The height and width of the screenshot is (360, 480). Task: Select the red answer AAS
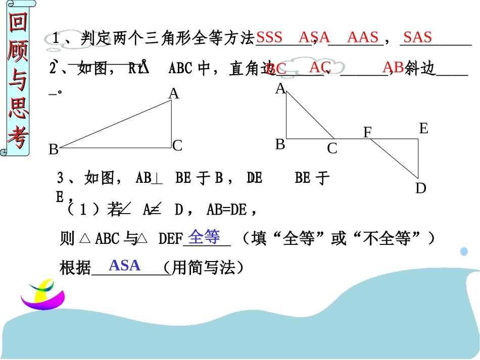click(x=363, y=37)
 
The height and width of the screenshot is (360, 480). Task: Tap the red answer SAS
click(x=417, y=37)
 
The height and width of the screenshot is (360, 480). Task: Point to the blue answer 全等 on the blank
click(x=204, y=236)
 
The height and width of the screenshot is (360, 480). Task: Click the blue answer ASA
click(x=124, y=265)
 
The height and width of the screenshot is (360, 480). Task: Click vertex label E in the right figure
click(x=423, y=129)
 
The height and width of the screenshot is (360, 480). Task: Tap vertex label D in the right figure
click(x=421, y=189)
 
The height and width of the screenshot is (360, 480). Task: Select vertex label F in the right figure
click(x=368, y=133)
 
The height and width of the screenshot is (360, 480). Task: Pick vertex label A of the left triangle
click(x=174, y=94)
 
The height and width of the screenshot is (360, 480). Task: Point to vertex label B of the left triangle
click(x=53, y=150)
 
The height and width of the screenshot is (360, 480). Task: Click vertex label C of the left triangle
click(x=177, y=146)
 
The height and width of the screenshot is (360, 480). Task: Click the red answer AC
click(x=320, y=67)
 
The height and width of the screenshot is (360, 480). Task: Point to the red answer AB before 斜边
click(x=393, y=67)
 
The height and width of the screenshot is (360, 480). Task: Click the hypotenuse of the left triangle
click(x=116, y=124)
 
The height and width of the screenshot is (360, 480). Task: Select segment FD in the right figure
click(x=394, y=159)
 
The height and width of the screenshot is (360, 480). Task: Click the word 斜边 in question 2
click(x=420, y=69)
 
